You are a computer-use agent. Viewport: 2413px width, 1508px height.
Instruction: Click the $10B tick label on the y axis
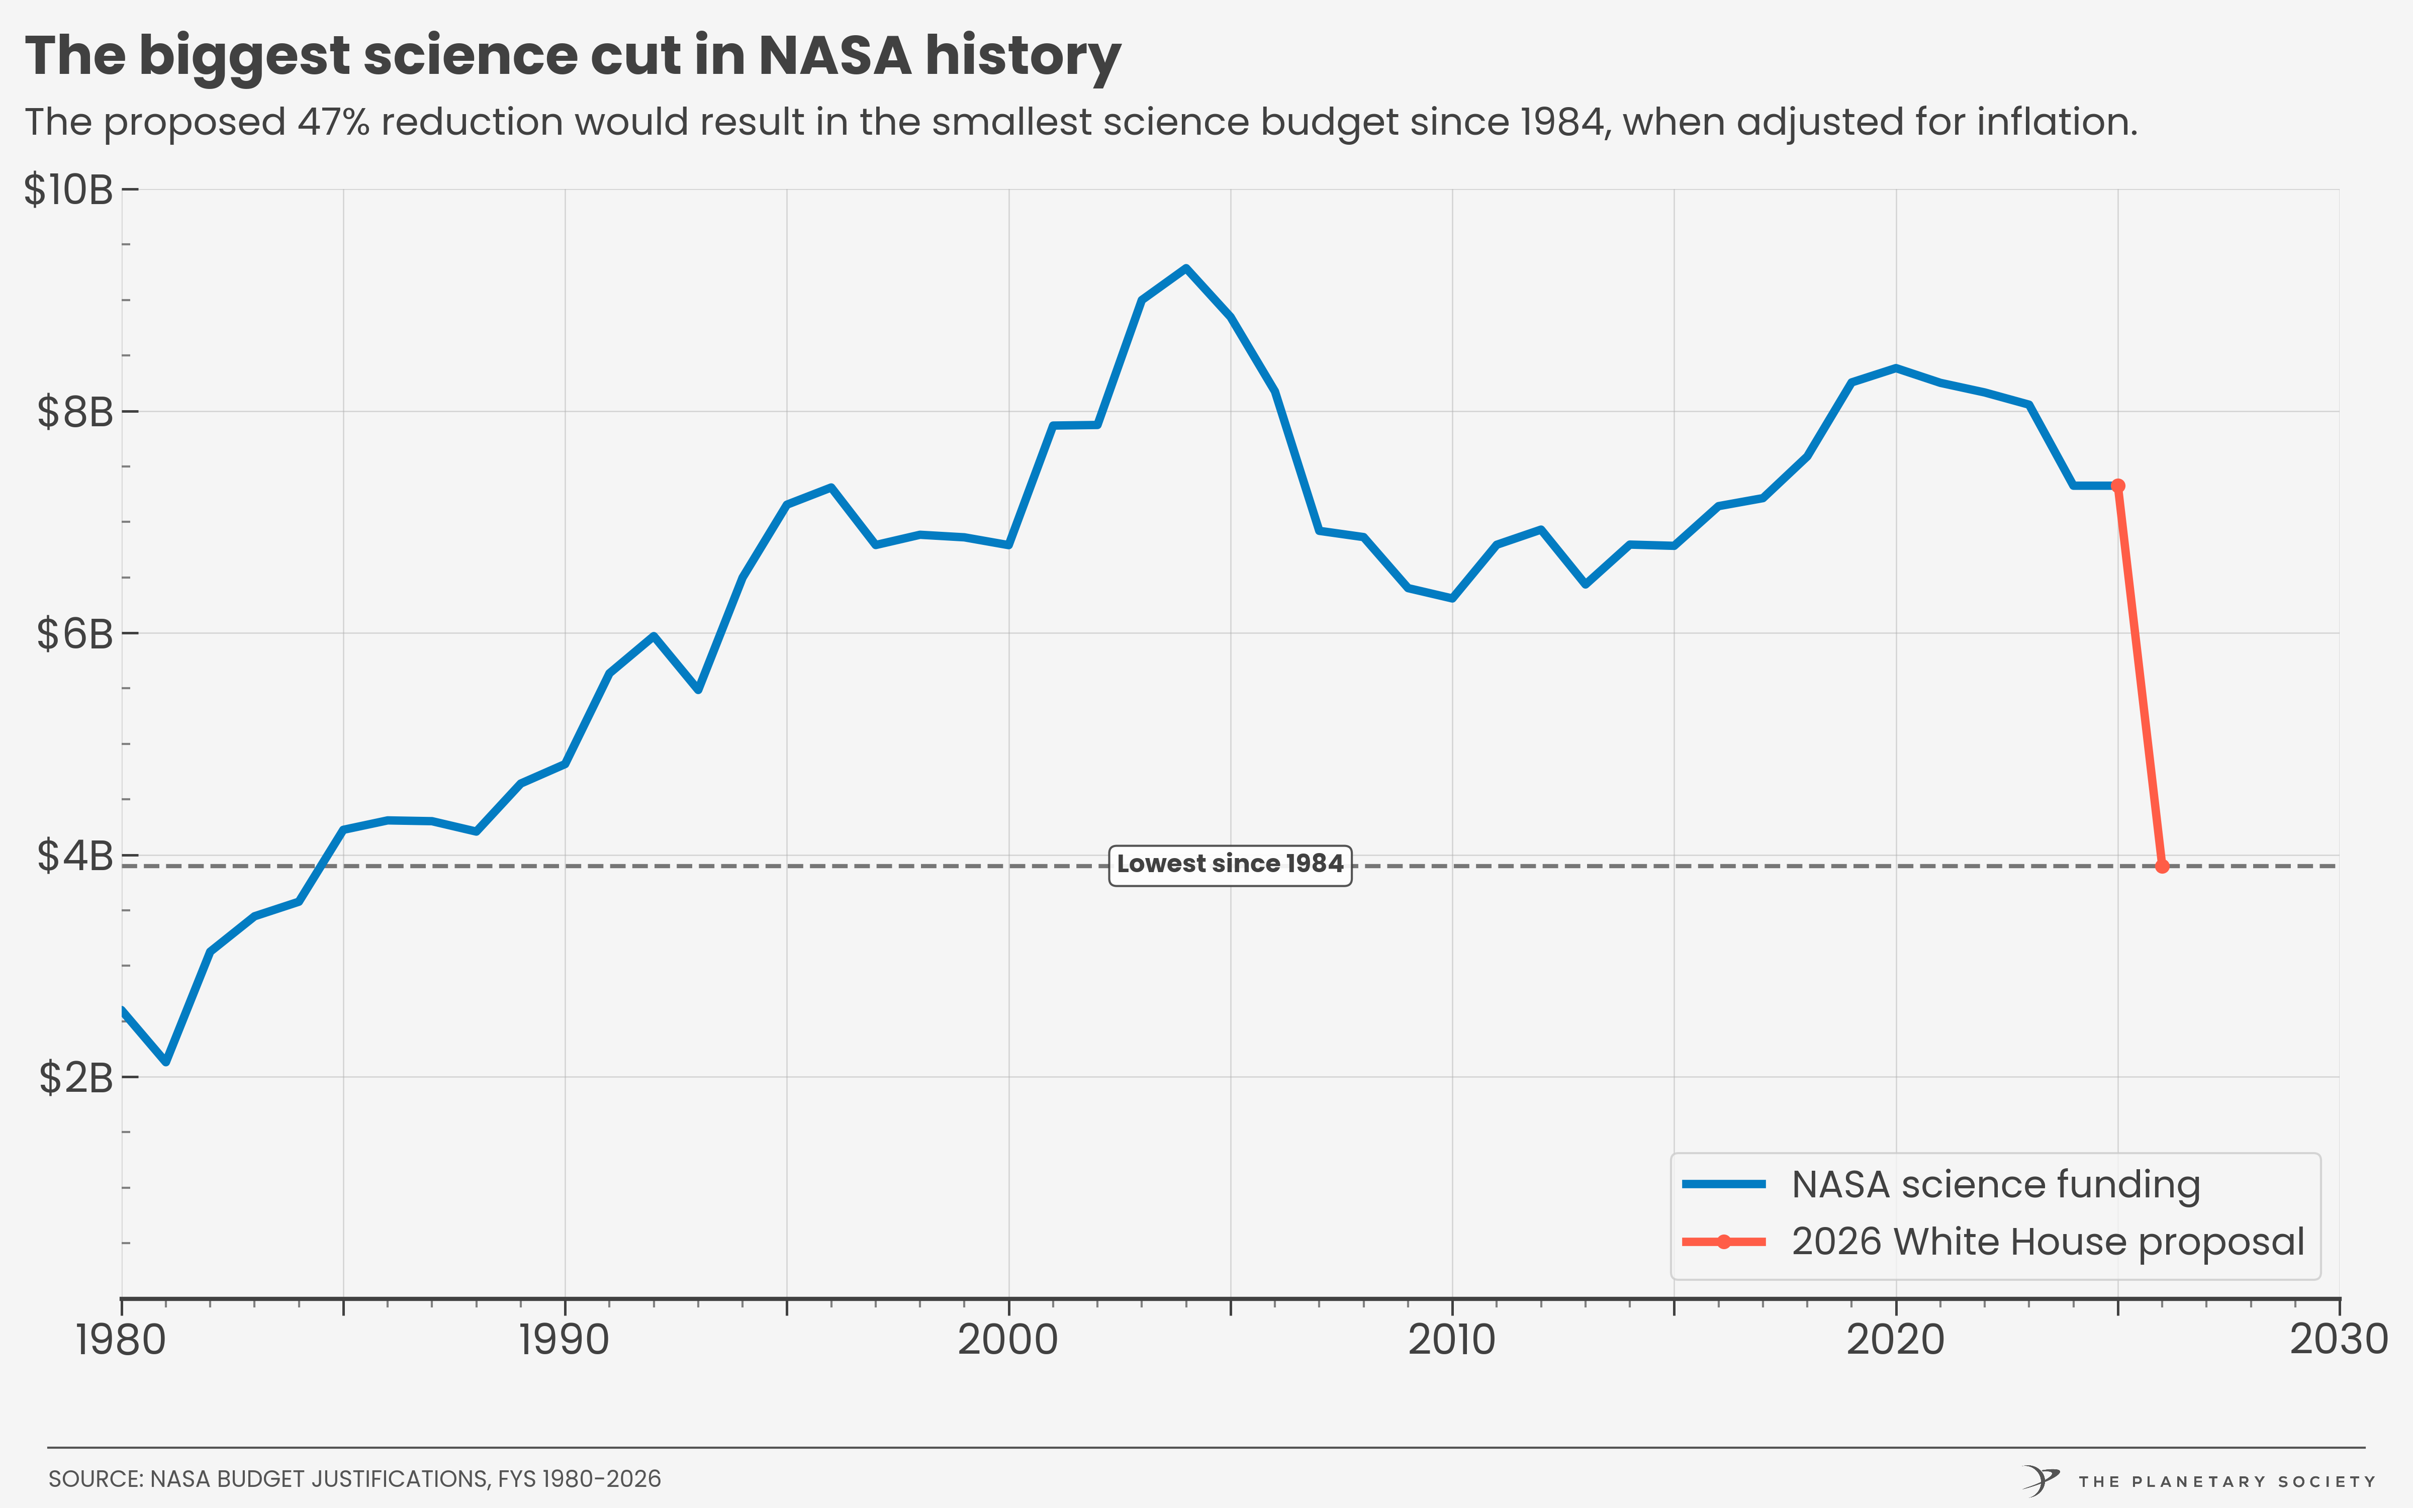[x=68, y=190]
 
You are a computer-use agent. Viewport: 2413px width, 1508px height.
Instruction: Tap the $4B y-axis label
[x=75, y=856]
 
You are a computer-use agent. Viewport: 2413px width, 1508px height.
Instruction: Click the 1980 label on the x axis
[x=121, y=1340]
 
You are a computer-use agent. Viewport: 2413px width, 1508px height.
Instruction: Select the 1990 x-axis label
[x=565, y=1340]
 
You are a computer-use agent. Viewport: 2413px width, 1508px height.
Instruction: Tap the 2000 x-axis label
[x=1008, y=1340]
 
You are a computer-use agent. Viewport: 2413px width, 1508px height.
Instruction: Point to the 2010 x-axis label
[x=1452, y=1340]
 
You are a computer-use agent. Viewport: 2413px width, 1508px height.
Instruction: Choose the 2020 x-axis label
[x=1896, y=1340]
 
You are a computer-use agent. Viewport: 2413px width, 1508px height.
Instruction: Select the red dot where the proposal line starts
[x=2118, y=486]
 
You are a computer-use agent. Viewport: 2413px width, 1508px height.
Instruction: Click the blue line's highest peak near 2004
[x=1185, y=268]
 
